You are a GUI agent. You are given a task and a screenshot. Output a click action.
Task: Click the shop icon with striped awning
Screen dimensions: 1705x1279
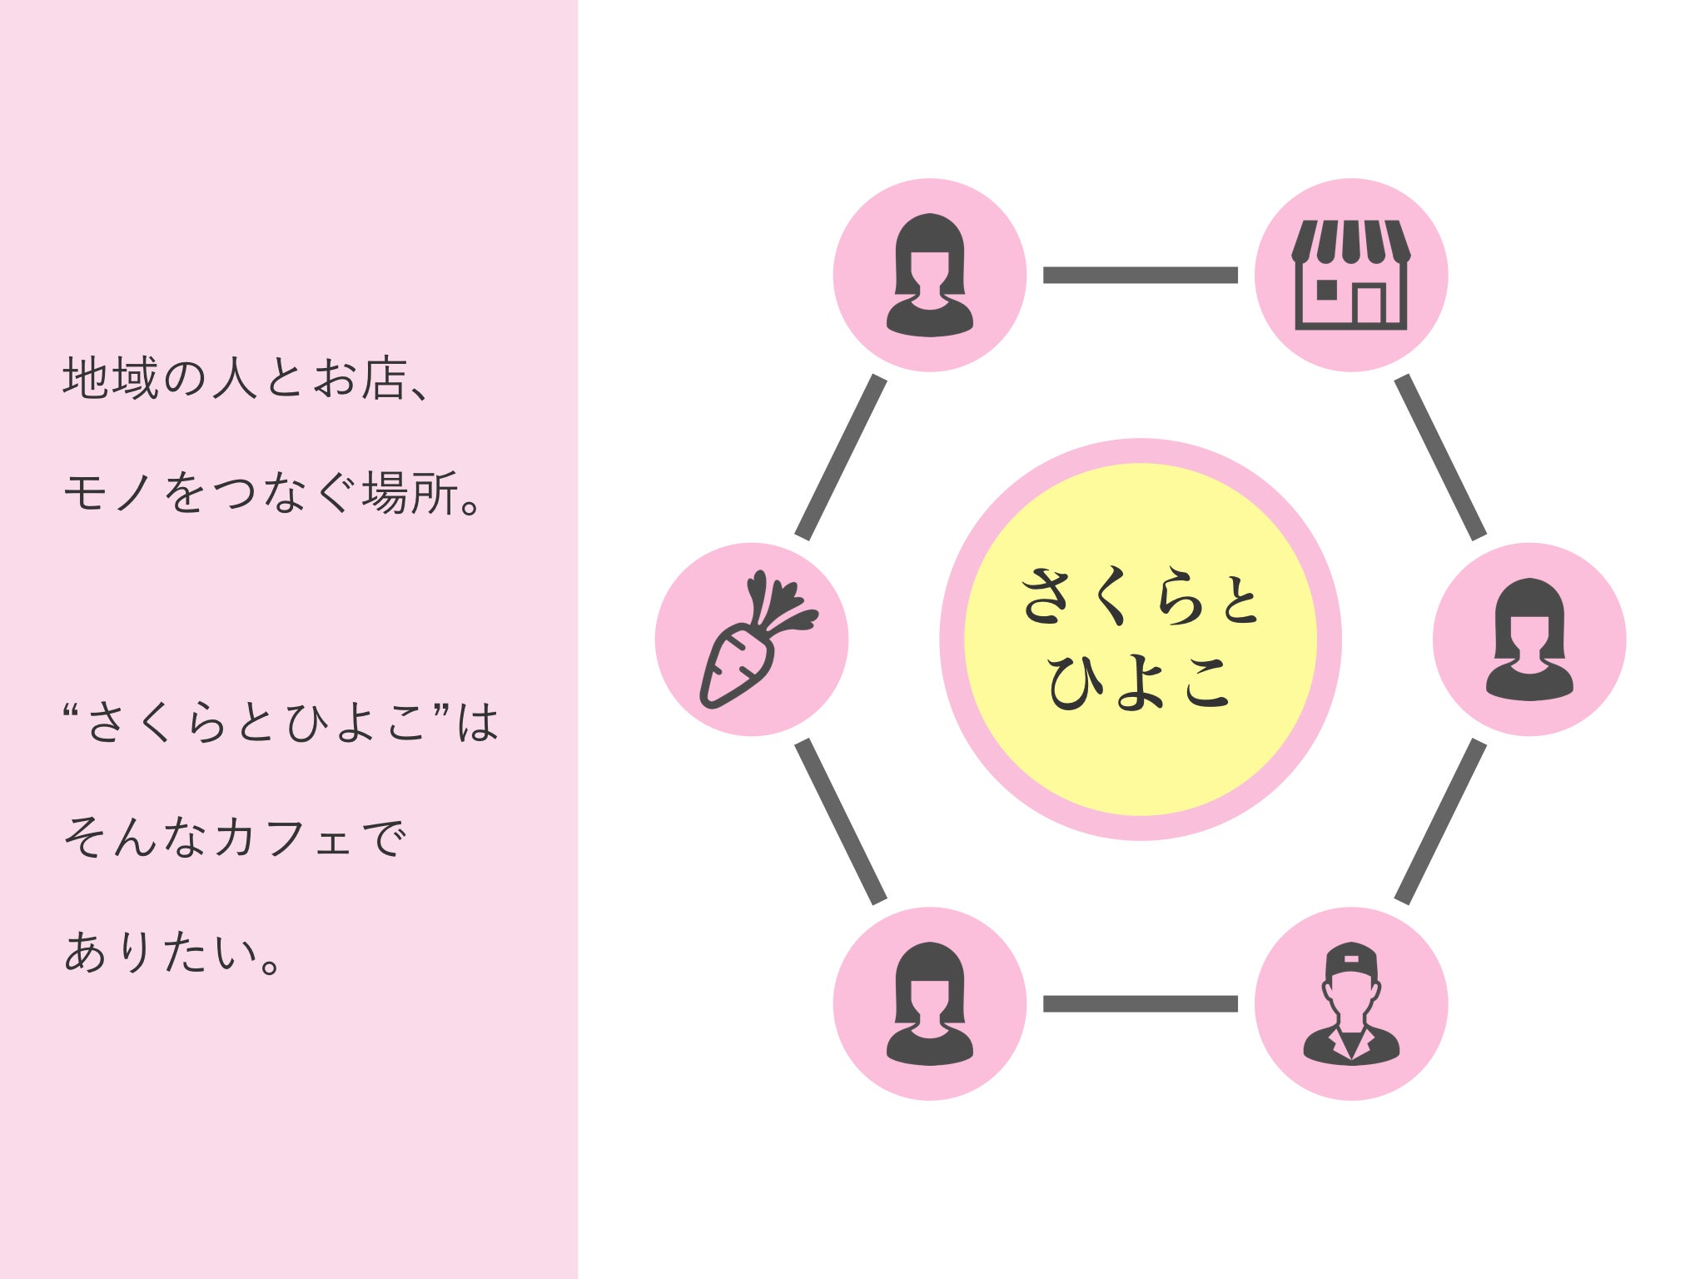(1350, 275)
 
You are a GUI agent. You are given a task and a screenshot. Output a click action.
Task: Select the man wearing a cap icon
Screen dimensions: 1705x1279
(1350, 1004)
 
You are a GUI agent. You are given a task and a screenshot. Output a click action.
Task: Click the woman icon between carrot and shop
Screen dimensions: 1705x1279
(930, 276)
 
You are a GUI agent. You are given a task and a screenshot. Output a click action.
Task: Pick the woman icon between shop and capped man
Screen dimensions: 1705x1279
(1529, 639)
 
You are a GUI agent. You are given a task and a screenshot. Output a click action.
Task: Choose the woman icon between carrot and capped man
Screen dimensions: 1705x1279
(930, 1004)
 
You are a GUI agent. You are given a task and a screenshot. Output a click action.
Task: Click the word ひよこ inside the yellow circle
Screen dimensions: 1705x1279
(1139, 682)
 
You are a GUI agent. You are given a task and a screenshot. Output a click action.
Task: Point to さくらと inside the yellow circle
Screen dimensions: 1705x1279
(1141, 595)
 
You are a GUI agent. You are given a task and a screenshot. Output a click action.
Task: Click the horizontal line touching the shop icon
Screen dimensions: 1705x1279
(1141, 276)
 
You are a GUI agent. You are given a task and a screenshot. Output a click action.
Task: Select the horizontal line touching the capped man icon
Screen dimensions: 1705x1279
(1141, 1003)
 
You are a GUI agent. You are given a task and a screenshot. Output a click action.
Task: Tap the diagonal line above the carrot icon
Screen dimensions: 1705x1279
(841, 457)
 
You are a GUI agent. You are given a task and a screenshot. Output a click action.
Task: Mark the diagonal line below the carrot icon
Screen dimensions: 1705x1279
(841, 822)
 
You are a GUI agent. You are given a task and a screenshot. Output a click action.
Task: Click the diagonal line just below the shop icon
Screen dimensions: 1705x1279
(1440, 457)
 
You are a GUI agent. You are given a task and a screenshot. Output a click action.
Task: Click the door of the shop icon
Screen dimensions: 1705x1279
(1369, 304)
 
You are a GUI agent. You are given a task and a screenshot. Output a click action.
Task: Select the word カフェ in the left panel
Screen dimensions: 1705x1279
(284, 837)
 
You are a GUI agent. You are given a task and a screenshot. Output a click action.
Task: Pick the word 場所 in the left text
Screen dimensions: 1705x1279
(410, 492)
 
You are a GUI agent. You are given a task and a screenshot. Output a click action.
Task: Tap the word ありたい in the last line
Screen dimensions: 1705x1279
(162, 951)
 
